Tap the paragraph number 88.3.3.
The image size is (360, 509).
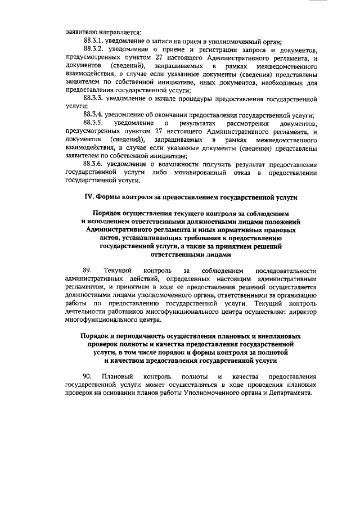point(94,98)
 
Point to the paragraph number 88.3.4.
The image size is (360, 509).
point(94,115)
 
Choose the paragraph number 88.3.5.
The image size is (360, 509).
point(94,123)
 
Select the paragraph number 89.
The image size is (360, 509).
point(87,272)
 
